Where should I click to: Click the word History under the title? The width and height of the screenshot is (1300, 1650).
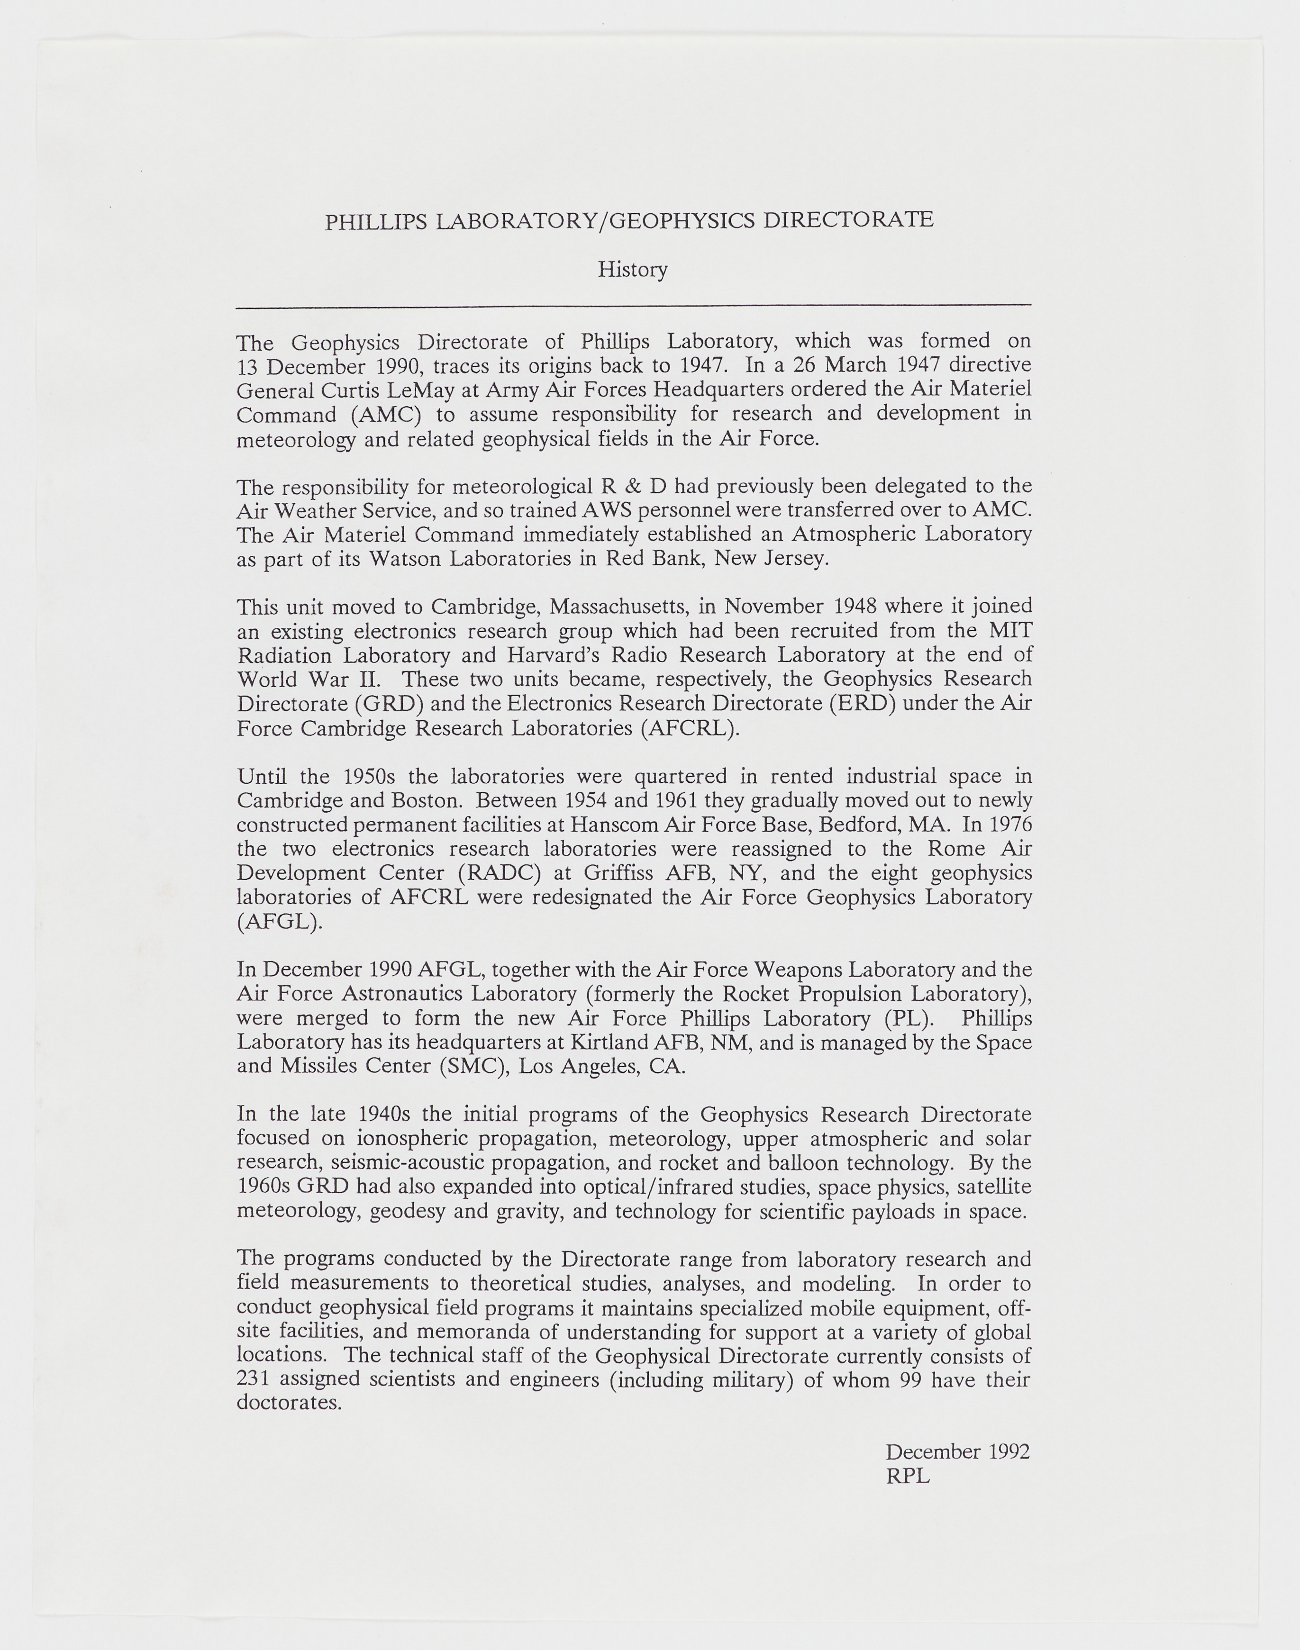(633, 270)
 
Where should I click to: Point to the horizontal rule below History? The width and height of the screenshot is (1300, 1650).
(633, 306)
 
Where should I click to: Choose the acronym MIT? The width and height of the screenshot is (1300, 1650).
(1010, 631)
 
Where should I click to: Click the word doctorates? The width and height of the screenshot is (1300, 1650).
(289, 1403)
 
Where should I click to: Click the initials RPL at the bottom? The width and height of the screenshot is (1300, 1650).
(907, 1477)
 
